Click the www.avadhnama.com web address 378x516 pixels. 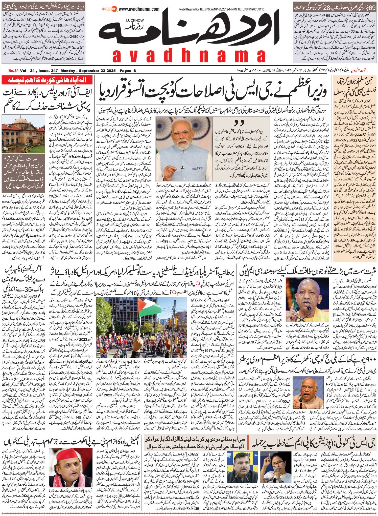click(x=139, y=9)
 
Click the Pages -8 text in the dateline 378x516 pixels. click(x=128, y=71)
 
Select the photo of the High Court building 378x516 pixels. click(x=23, y=134)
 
